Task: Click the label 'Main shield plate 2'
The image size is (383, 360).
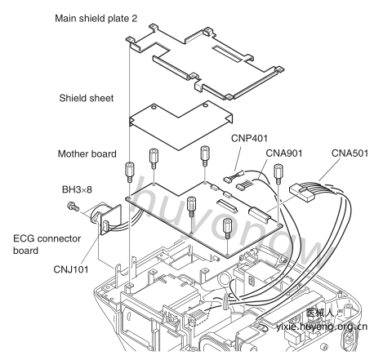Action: click(96, 19)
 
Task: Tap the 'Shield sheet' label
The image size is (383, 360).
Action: click(87, 98)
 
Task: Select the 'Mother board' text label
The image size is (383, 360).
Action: click(87, 153)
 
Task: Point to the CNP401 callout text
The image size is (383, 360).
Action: click(249, 138)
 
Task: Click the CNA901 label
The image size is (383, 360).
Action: click(284, 153)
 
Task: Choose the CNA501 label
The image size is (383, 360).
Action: click(350, 153)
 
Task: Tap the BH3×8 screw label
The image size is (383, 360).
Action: click(77, 189)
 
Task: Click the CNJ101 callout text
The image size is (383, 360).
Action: click(71, 269)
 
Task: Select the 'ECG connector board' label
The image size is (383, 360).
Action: click(47, 244)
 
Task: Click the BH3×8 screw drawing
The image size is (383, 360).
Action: click(73, 207)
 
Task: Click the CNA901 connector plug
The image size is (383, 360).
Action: click(243, 185)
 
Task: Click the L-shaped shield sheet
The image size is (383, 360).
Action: click(180, 125)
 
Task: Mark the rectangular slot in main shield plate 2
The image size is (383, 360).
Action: click(228, 52)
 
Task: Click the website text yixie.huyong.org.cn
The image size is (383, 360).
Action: click(322, 327)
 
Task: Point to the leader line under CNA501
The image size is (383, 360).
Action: click(329, 170)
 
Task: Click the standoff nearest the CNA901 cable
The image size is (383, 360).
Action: click(278, 174)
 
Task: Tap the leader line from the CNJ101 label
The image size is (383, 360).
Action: click(90, 249)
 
